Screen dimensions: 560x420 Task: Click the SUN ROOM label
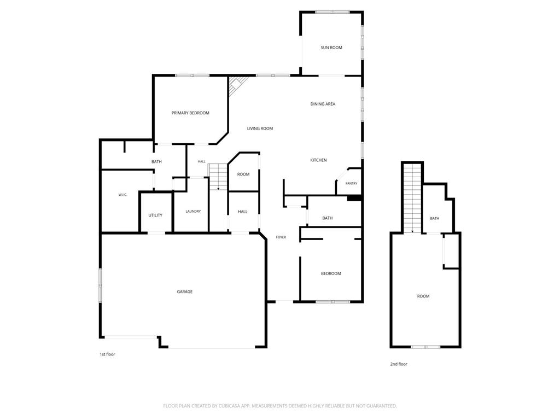pos(331,48)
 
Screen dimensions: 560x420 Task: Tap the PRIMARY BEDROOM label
pos(190,113)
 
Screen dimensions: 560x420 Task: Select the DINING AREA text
pos(323,104)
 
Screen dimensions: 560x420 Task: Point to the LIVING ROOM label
pos(260,129)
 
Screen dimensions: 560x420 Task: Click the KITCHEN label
pos(319,160)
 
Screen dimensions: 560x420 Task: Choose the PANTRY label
pos(352,184)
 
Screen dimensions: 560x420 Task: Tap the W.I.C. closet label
pos(123,195)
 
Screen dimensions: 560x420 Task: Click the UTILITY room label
pos(155,215)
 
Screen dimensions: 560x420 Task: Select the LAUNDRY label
pos(193,212)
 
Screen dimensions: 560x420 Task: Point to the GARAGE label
pos(185,292)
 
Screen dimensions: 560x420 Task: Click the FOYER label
pos(281,237)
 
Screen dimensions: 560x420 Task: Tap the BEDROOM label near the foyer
pos(331,273)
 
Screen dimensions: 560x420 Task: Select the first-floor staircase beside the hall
pos(218,177)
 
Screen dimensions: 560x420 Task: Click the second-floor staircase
pos(412,198)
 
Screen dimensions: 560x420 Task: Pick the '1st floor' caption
pos(108,354)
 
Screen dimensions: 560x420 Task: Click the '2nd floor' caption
pos(399,364)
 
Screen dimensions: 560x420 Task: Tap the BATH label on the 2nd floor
pos(435,219)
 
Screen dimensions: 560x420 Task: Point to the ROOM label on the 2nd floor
pos(423,296)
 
